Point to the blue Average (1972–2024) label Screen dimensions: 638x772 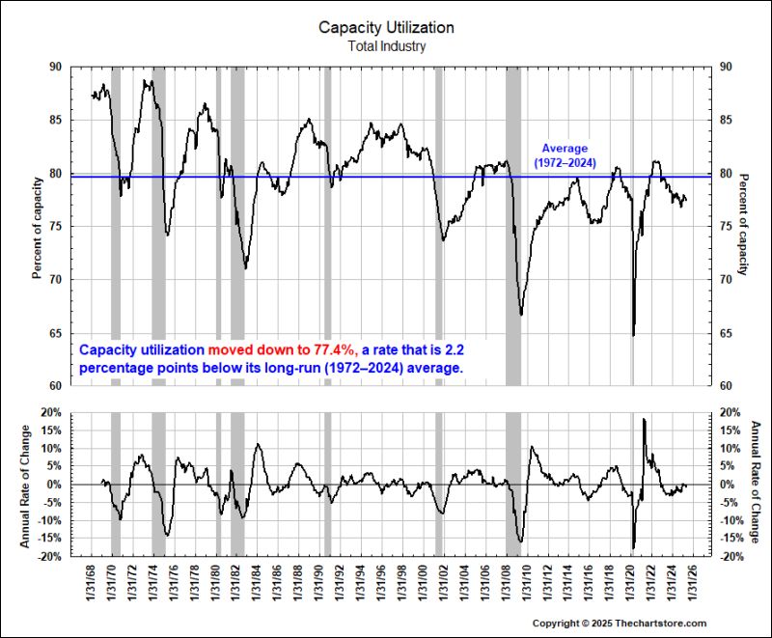point(565,155)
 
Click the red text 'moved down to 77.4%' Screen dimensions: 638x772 point(280,350)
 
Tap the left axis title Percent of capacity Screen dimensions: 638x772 point(37,227)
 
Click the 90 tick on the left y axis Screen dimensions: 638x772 point(54,68)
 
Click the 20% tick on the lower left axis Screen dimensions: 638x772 point(50,412)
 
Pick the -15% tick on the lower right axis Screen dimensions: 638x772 point(729,539)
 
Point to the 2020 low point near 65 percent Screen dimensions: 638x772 point(634,335)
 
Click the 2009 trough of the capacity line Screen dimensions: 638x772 point(521,315)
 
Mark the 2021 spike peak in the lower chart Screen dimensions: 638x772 point(643,420)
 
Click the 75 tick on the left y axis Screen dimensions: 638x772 point(54,227)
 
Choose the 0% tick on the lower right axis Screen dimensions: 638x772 point(724,485)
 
